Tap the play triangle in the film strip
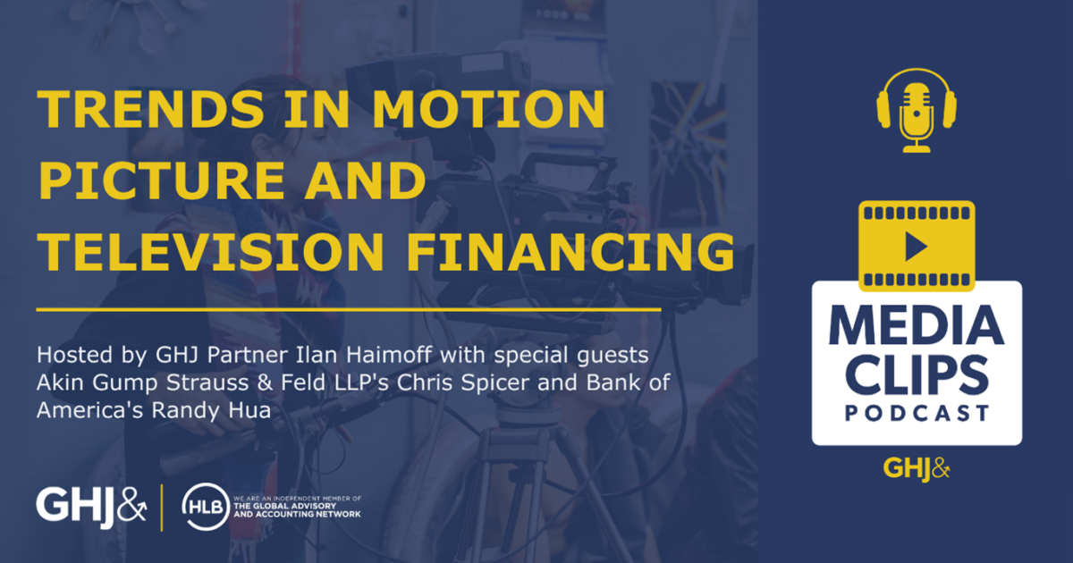click(x=916, y=247)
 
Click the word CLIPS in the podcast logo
click(x=917, y=376)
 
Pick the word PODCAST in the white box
click(x=917, y=415)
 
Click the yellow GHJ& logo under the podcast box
click(x=917, y=467)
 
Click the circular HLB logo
click(x=200, y=506)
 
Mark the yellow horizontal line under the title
click(x=349, y=309)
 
